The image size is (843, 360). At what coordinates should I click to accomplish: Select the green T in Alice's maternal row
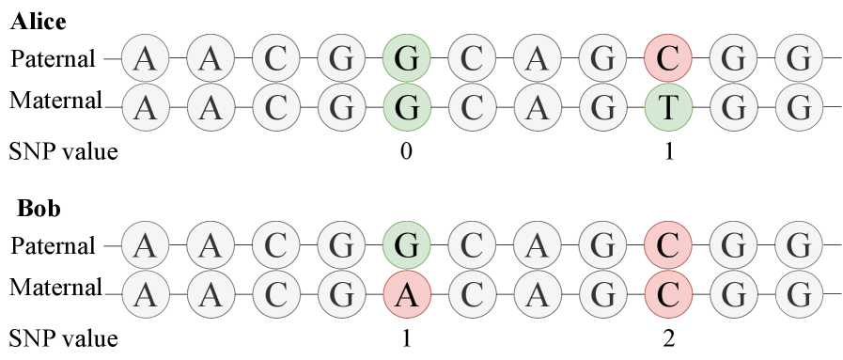tap(668, 106)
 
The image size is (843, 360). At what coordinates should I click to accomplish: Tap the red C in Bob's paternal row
tap(668, 246)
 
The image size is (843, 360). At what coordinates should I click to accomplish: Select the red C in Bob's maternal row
tap(668, 293)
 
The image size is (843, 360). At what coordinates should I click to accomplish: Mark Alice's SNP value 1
tap(668, 150)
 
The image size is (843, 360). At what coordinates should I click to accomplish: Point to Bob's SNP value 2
tap(668, 337)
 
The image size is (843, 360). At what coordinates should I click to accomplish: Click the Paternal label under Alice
tap(54, 59)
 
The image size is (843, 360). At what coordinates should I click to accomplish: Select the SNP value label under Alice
tap(63, 150)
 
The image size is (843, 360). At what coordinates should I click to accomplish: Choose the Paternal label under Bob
tap(54, 246)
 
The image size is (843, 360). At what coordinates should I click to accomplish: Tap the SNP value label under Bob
tap(63, 337)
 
